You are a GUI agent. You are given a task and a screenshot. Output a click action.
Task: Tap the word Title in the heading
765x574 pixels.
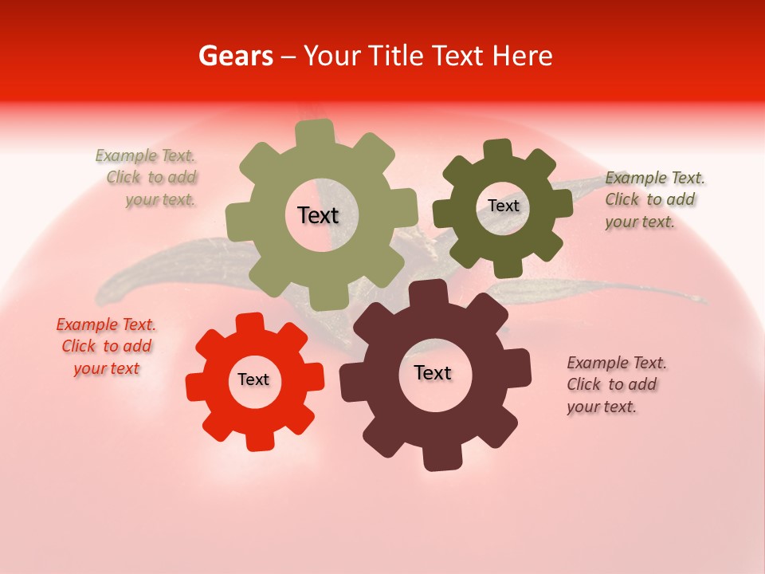(x=395, y=56)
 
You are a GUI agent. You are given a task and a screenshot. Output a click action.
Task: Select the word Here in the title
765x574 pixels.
(x=522, y=56)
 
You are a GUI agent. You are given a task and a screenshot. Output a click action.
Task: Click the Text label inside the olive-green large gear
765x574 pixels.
(x=318, y=215)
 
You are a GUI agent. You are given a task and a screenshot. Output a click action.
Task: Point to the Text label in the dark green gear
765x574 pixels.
(x=504, y=206)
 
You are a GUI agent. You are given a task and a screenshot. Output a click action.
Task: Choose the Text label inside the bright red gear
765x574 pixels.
(x=253, y=379)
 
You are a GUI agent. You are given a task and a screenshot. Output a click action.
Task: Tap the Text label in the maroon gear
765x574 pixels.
(x=433, y=372)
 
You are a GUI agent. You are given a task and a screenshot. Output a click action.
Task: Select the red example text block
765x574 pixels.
(x=106, y=347)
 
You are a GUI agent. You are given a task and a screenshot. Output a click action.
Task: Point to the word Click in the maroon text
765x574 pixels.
(x=584, y=384)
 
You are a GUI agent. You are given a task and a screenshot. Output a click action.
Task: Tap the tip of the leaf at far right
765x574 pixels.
(x=704, y=301)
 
